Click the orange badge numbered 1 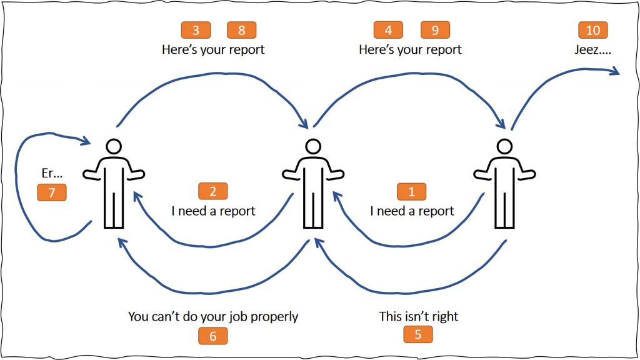(411, 191)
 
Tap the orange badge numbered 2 (212, 191)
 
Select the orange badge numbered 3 (195, 30)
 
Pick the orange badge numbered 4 (388, 30)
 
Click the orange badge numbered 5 (418, 334)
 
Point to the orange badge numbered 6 (212, 336)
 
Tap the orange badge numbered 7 (52, 192)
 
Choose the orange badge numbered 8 (242, 30)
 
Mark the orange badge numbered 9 (435, 30)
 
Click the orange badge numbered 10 (592, 30)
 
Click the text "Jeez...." (593, 49)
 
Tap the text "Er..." (52, 174)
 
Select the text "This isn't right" (419, 316)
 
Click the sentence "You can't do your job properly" (213, 317)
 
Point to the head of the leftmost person (113, 146)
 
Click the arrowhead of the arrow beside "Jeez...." (616, 73)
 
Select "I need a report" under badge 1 (412, 211)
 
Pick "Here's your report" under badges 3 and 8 (213, 49)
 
